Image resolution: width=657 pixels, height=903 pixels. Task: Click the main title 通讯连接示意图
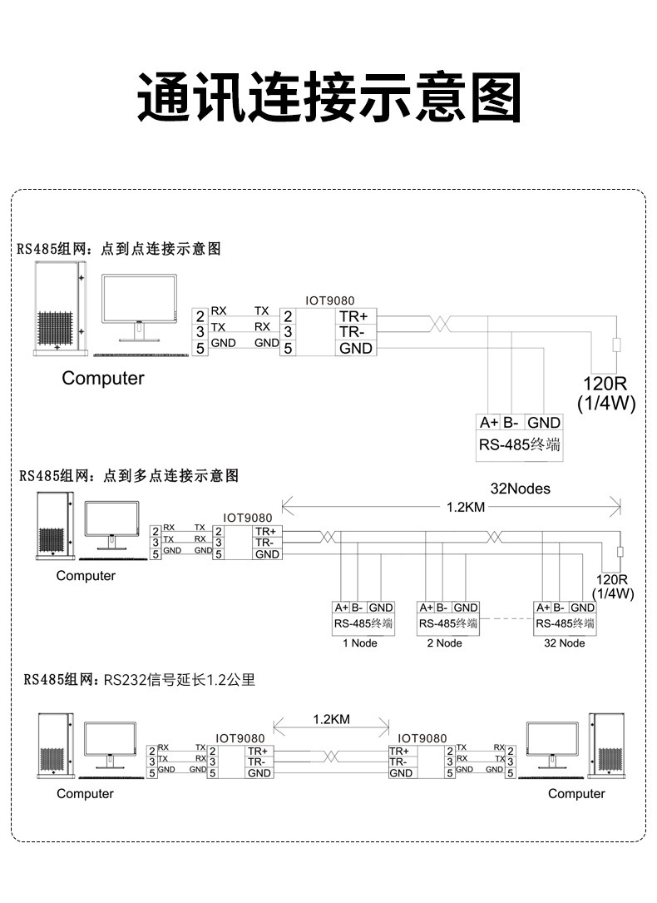coord(329,97)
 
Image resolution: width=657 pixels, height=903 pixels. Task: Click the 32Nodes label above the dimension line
coord(520,489)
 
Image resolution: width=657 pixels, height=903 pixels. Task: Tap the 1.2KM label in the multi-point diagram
coord(466,507)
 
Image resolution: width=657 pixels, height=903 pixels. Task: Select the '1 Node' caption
coord(360,643)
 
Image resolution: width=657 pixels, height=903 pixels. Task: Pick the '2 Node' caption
coord(445,643)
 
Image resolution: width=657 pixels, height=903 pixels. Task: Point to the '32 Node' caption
coord(565,643)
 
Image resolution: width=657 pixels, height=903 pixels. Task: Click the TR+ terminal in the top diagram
coord(353,316)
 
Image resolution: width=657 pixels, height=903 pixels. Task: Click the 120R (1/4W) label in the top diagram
coord(606,393)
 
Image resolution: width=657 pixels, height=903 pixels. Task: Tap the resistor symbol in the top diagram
coord(617,345)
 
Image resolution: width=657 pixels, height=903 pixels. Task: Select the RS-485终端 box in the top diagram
coord(520,438)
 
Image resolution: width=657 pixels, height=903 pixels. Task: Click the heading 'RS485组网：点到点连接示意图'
coord(119,249)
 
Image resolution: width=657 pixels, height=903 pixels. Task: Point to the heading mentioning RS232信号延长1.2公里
coord(139,680)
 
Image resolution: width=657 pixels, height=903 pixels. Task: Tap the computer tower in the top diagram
coord(60,309)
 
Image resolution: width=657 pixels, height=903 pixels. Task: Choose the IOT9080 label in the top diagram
coord(329,300)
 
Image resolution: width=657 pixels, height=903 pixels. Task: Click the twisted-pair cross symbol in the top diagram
coord(440,324)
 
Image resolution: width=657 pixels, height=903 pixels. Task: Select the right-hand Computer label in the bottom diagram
coord(576,794)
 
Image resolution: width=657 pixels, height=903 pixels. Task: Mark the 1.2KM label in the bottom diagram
coord(331,719)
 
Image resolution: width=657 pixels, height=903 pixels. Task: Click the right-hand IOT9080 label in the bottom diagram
coord(422,738)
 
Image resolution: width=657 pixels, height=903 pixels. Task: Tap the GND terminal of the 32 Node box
coord(582,608)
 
